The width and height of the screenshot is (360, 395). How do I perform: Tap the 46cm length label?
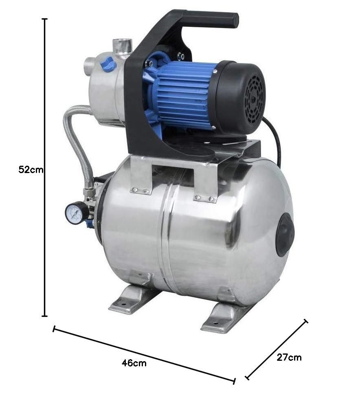tap(134, 363)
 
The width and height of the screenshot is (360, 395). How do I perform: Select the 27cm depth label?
tap(289, 357)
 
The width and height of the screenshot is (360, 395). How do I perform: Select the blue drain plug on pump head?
tap(109, 64)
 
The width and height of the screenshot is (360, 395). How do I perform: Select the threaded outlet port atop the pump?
tap(121, 45)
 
